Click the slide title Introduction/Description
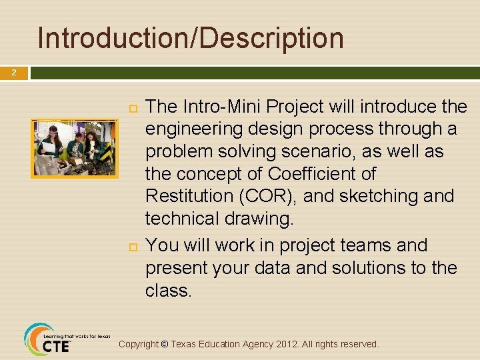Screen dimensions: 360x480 (191, 38)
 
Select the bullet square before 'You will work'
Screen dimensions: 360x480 (131, 246)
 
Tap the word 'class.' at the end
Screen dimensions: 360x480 (168, 290)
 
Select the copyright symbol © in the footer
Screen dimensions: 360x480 (164, 345)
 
